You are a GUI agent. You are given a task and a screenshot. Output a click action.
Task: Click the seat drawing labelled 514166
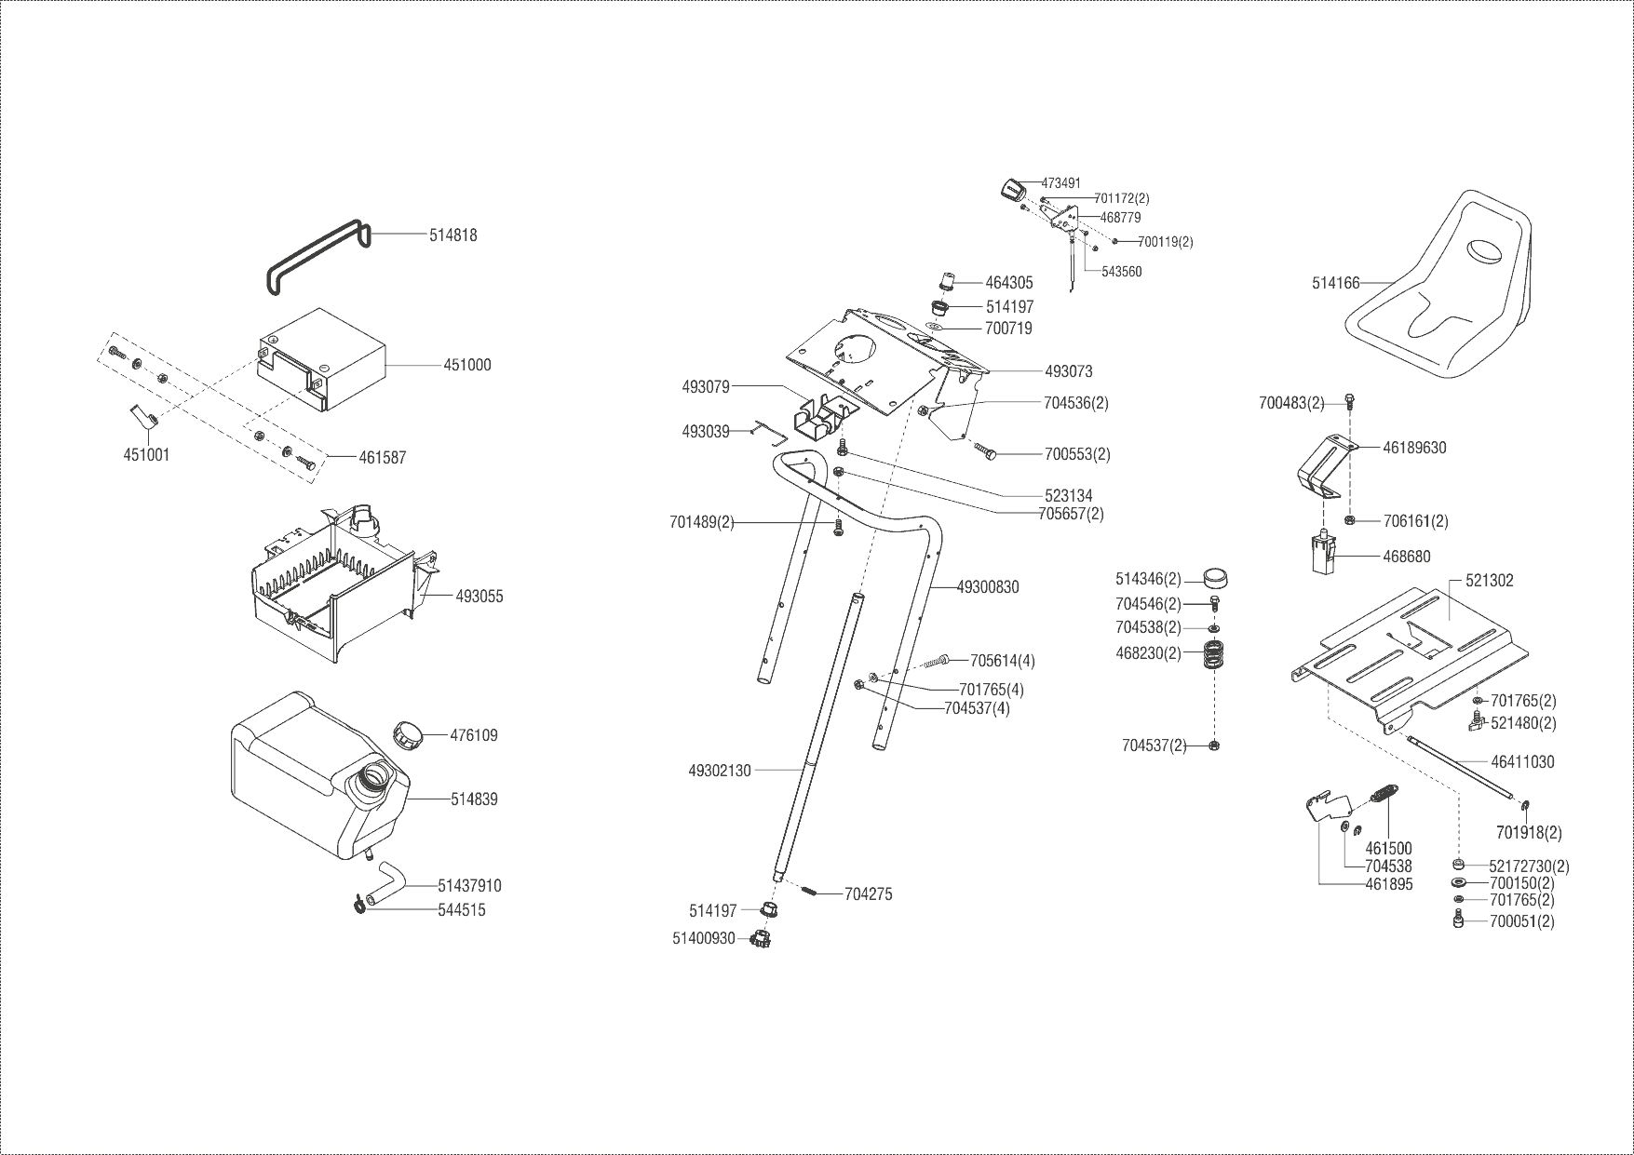pyautogui.click(x=1438, y=298)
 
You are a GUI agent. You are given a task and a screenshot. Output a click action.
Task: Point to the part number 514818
pyautogui.click(x=453, y=235)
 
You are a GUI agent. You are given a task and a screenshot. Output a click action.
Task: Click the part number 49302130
pyautogui.click(x=720, y=771)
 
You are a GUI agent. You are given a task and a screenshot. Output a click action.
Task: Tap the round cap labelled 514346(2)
pyautogui.click(x=1214, y=579)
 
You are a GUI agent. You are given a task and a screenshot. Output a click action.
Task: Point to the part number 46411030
pyautogui.click(x=1522, y=761)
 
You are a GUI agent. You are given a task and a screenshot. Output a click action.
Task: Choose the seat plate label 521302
pyautogui.click(x=1490, y=580)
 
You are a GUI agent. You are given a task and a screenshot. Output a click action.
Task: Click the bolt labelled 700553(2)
pyautogui.click(x=986, y=451)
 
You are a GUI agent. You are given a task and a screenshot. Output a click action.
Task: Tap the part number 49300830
pyautogui.click(x=988, y=587)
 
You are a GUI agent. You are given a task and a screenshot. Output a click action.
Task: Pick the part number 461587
pyautogui.click(x=383, y=458)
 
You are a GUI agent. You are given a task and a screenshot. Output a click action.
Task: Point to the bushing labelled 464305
pyautogui.click(x=947, y=281)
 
